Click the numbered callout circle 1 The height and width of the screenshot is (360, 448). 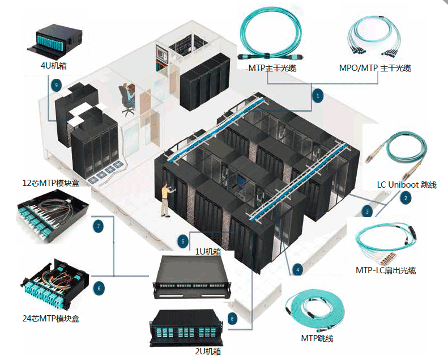coord(318,96)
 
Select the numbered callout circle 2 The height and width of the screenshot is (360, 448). coord(406,198)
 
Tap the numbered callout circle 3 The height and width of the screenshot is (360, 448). coord(368,211)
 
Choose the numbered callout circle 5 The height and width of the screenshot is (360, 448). coord(183,241)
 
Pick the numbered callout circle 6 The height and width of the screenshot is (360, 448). coord(99,288)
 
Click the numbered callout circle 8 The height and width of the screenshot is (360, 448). coord(232,319)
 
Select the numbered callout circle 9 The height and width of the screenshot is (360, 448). coord(56,85)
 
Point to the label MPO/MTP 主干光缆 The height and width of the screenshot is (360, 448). coord(375,68)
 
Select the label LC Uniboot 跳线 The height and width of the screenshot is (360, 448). coord(407,185)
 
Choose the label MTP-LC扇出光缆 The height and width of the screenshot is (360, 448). coord(386,270)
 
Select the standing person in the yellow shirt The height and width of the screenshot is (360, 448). coord(165,198)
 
